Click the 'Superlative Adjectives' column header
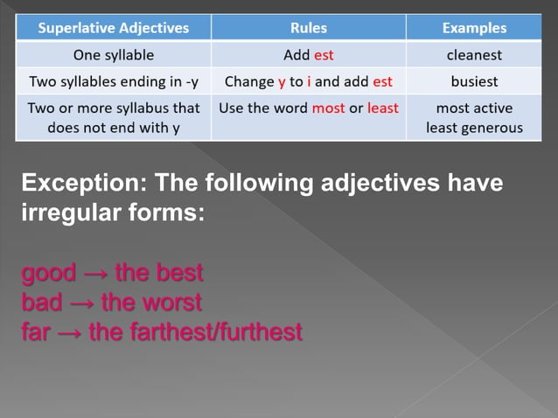pyautogui.click(x=114, y=28)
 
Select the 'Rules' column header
pyautogui.click(x=308, y=28)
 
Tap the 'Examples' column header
pyautogui.click(x=474, y=28)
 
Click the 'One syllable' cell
pyautogui.click(x=114, y=55)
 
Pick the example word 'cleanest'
pyautogui.click(x=474, y=55)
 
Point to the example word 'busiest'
pyautogui.click(x=474, y=82)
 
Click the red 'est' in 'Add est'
pyautogui.click(x=324, y=55)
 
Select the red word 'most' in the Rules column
pyautogui.click(x=328, y=108)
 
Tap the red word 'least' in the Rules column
pyautogui.click(x=381, y=108)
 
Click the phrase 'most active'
pyautogui.click(x=474, y=108)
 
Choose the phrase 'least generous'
pyautogui.click(x=474, y=128)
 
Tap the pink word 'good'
pyautogui.click(x=48, y=273)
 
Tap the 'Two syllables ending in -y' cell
pyautogui.click(x=114, y=82)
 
